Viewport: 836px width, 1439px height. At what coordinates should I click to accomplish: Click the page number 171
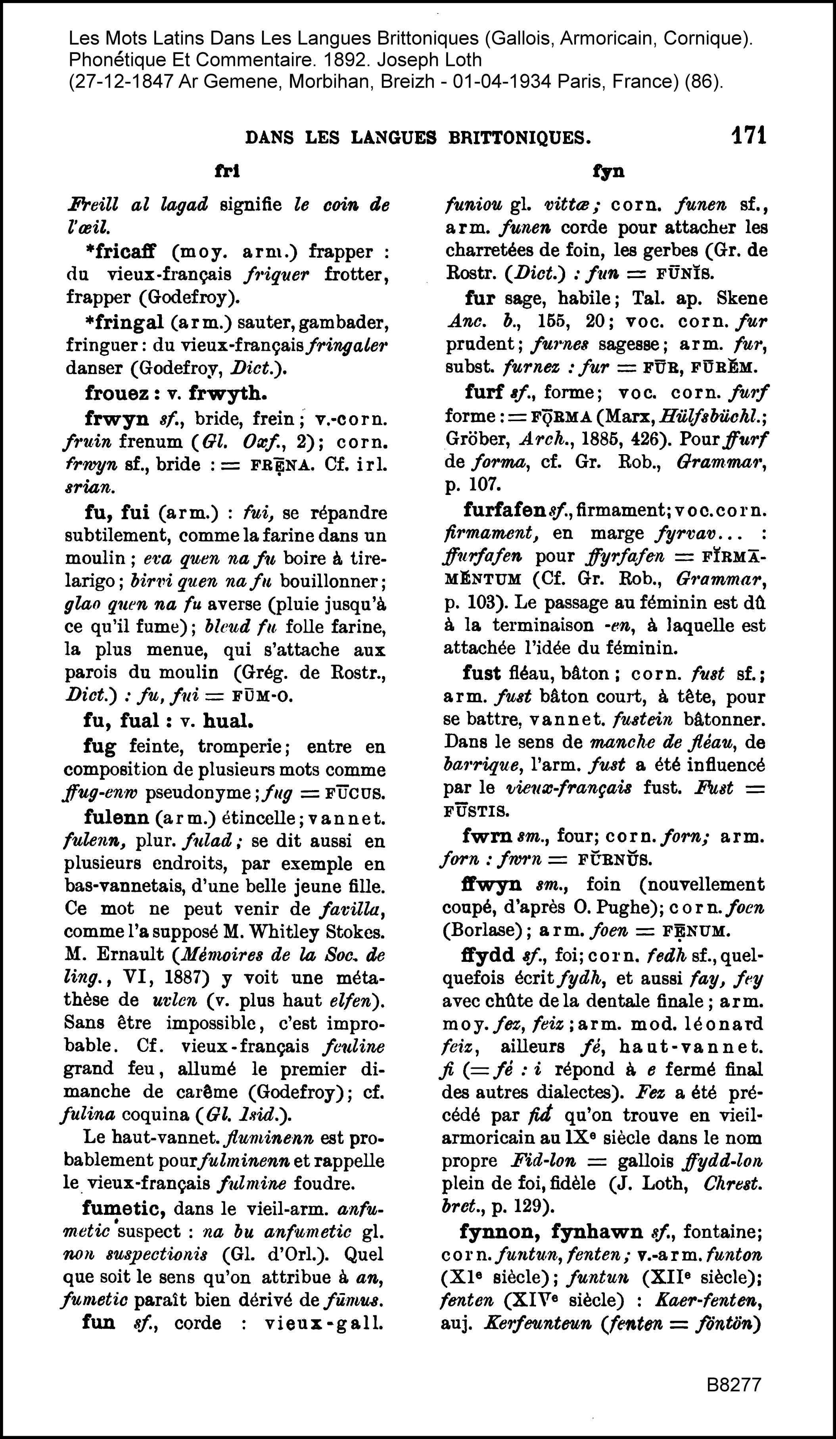tap(748, 136)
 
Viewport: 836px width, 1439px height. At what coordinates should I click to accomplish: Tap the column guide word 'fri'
tap(227, 171)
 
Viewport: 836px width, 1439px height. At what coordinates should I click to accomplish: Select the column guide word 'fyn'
tap(608, 171)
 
